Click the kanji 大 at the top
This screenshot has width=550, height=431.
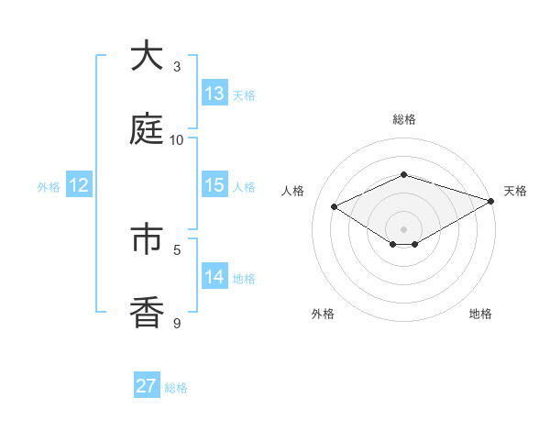pyautogui.click(x=148, y=56)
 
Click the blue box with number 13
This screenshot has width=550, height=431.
pyautogui.click(x=214, y=93)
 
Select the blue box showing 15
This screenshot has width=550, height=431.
pyautogui.click(x=214, y=184)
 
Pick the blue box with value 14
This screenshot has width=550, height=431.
pyautogui.click(x=214, y=276)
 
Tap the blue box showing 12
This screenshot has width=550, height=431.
pyautogui.click(x=79, y=184)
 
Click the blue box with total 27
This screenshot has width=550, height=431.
pyautogui.click(x=147, y=385)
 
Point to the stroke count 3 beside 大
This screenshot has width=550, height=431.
pyautogui.click(x=177, y=67)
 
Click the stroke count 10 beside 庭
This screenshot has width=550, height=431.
pyautogui.click(x=177, y=139)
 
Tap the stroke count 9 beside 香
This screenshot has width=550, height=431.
pyautogui.click(x=177, y=323)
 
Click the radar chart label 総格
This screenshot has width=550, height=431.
pyautogui.click(x=404, y=119)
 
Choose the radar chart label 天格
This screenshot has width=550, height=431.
pyautogui.click(x=515, y=191)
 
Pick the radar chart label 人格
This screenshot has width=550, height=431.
pyautogui.click(x=293, y=191)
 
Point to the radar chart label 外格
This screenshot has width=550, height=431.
pyautogui.click(x=323, y=314)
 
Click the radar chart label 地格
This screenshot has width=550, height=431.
pyautogui.click(x=480, y=314)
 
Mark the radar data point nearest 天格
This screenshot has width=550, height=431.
pyautogui.click(x=491, y=200)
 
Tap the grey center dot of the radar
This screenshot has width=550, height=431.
pyautogui.click(x=404, y=228)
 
